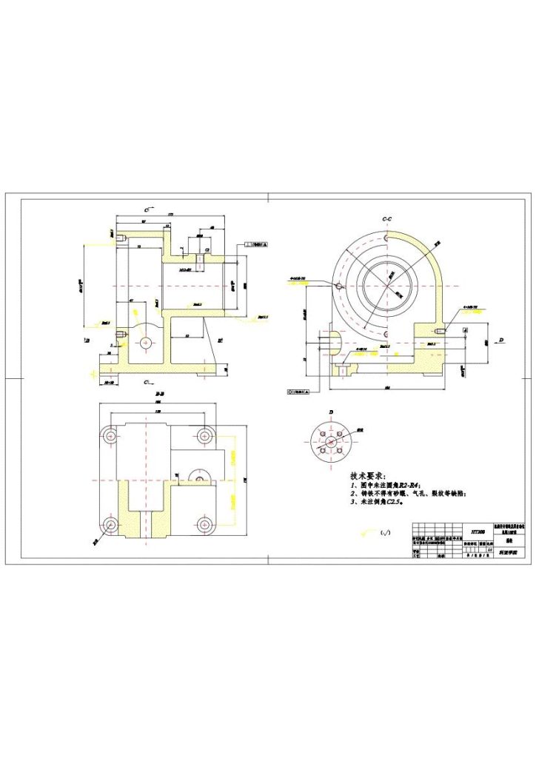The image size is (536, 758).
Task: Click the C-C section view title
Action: tap(386, 220)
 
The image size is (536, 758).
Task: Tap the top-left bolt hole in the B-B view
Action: tap(110, 435)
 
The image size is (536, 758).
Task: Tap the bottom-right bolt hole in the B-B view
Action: tap(203, 524)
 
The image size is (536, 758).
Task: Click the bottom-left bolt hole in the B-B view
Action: tap(110, 524)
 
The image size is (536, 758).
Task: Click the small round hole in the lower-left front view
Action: tap(144, 343)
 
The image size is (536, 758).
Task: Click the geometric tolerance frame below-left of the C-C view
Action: tap(300, 389)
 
